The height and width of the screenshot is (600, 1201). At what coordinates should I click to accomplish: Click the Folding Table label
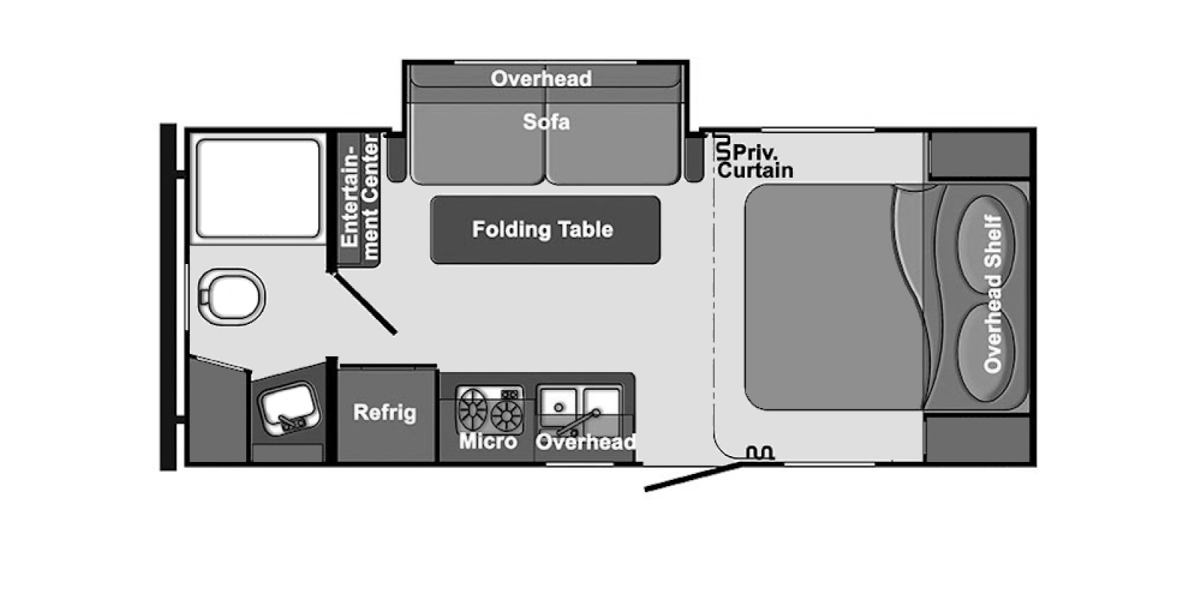(542, 229)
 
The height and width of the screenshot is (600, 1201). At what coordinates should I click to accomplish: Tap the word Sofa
(546, 122)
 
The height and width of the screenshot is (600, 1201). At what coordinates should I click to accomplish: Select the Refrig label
(385, 413)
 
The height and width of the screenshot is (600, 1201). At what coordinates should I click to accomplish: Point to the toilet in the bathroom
(231, 296)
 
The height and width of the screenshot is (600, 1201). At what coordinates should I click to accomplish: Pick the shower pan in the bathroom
(258, 188)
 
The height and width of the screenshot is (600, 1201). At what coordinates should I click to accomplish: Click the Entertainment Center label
(360, 197)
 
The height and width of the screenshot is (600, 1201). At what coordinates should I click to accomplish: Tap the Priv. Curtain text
(756, 161)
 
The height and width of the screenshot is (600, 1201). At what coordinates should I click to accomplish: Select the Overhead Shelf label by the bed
(993, 293)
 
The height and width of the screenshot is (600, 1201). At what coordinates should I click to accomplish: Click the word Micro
(488, 442)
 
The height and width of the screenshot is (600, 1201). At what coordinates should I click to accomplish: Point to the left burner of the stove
(472, 408)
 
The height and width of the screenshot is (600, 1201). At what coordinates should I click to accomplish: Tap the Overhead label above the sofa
(541, 79)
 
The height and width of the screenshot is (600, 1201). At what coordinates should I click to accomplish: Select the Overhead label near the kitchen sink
(585, 442)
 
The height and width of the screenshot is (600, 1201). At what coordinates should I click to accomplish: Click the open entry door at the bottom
(694, 477)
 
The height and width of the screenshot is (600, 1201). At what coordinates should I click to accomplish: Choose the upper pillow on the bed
(986, 244)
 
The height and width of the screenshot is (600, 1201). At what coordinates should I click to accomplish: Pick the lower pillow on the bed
(986, 352)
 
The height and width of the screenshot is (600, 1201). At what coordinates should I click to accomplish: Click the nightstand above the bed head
(980, 154)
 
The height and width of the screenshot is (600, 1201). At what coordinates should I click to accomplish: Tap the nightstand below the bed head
(978, 439)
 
